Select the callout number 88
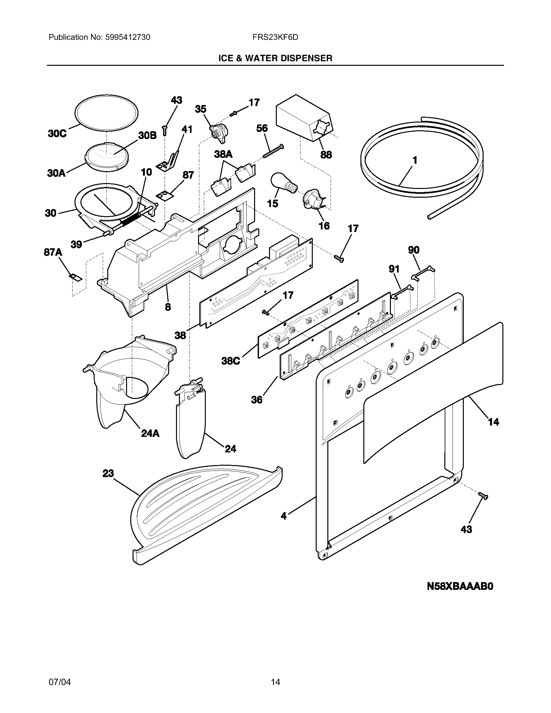coord(326,154)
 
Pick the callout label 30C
coord(57,134)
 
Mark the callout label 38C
coord(230,361)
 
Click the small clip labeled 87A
coord(76,277)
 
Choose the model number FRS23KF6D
coord(275,37)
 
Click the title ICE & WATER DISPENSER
coord(275,58)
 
